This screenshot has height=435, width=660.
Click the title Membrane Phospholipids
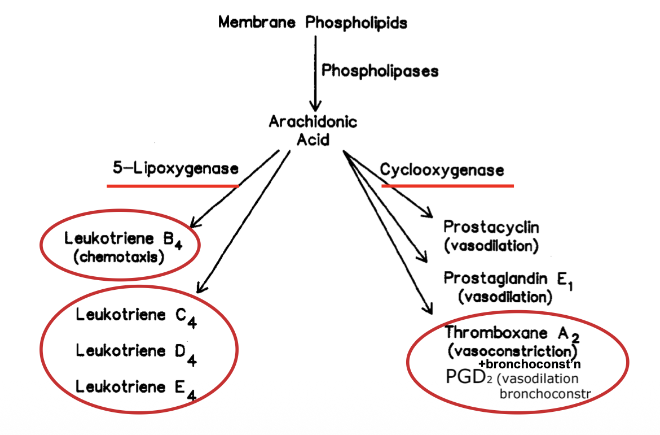click(x=313, y=23)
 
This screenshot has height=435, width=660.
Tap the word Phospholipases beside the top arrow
click(x=380, y=71)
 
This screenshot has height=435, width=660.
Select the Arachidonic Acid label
click(x=313, y=130)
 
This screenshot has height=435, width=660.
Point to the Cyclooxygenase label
click(x=442, y=169)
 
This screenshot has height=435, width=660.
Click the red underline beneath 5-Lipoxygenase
click(x=173, y=185)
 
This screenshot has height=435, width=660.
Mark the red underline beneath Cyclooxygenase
click(x=447, y=185)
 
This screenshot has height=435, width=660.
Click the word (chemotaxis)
click(x=118, y=258)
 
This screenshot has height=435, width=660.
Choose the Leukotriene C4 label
click(x=136, y=316)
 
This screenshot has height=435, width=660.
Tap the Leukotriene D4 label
click(x=136, y=351)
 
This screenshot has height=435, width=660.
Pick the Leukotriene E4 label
click(x=136, y=388)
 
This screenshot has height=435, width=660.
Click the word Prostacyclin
click(x=491, y=227)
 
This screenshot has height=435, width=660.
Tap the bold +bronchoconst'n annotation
click(x=529, y=363)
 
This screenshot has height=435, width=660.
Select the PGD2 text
click(x=469, y=377)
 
